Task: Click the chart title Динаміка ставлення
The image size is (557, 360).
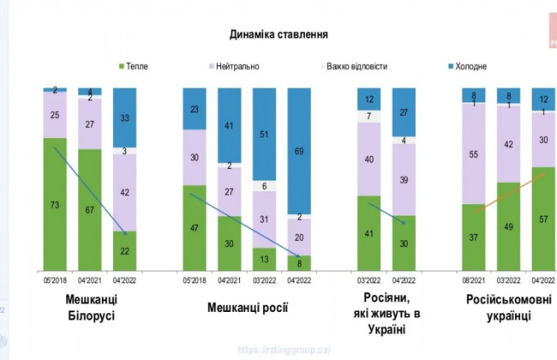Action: point(278,34)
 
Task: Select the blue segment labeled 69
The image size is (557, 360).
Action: point(299,151)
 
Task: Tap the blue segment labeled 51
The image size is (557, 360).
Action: point(264,135)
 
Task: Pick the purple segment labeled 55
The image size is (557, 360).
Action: point(473,154)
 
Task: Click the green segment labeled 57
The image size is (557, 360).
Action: point(543,219)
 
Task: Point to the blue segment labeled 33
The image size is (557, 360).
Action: point(126,117)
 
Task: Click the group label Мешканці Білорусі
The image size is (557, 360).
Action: point(91,306)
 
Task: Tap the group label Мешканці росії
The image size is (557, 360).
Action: point(247,306)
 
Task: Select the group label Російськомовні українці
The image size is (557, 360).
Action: point(509,306)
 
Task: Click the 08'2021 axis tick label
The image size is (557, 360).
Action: point(473,279)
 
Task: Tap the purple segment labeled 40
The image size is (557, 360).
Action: point(368,159)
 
